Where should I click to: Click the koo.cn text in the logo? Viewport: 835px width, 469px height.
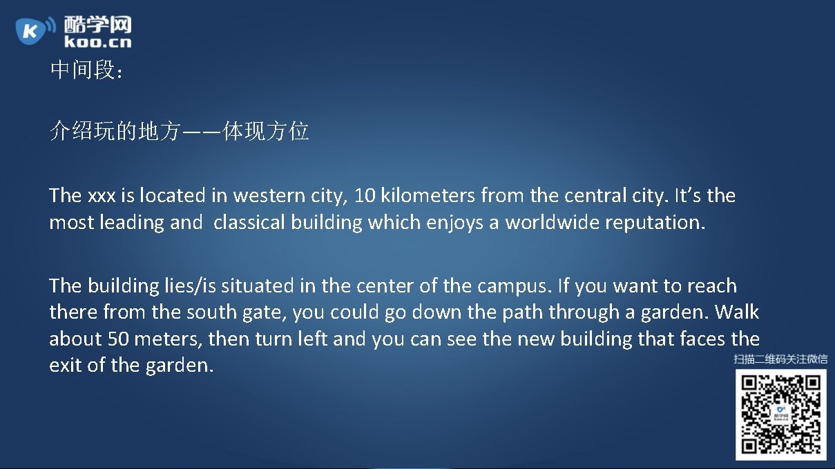tap(97, 41)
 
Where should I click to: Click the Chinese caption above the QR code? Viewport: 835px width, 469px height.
tap(780, 359)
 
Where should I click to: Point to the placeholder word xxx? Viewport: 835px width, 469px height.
tap(102, 196)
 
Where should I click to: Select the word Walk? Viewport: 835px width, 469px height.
tap(736, 312)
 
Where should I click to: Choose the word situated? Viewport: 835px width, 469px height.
tap(257, 286)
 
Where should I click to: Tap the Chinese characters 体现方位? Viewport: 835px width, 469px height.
tap(265, 131)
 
